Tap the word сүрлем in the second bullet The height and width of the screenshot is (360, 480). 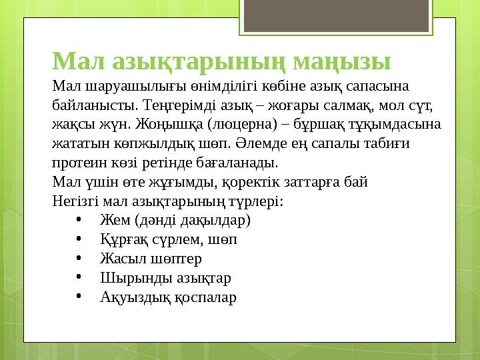[167, 239]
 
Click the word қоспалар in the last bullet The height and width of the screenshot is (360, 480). [205, 297]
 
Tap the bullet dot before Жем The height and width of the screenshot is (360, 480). [79, 220]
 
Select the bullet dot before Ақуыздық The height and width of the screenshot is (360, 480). [79, 297]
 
